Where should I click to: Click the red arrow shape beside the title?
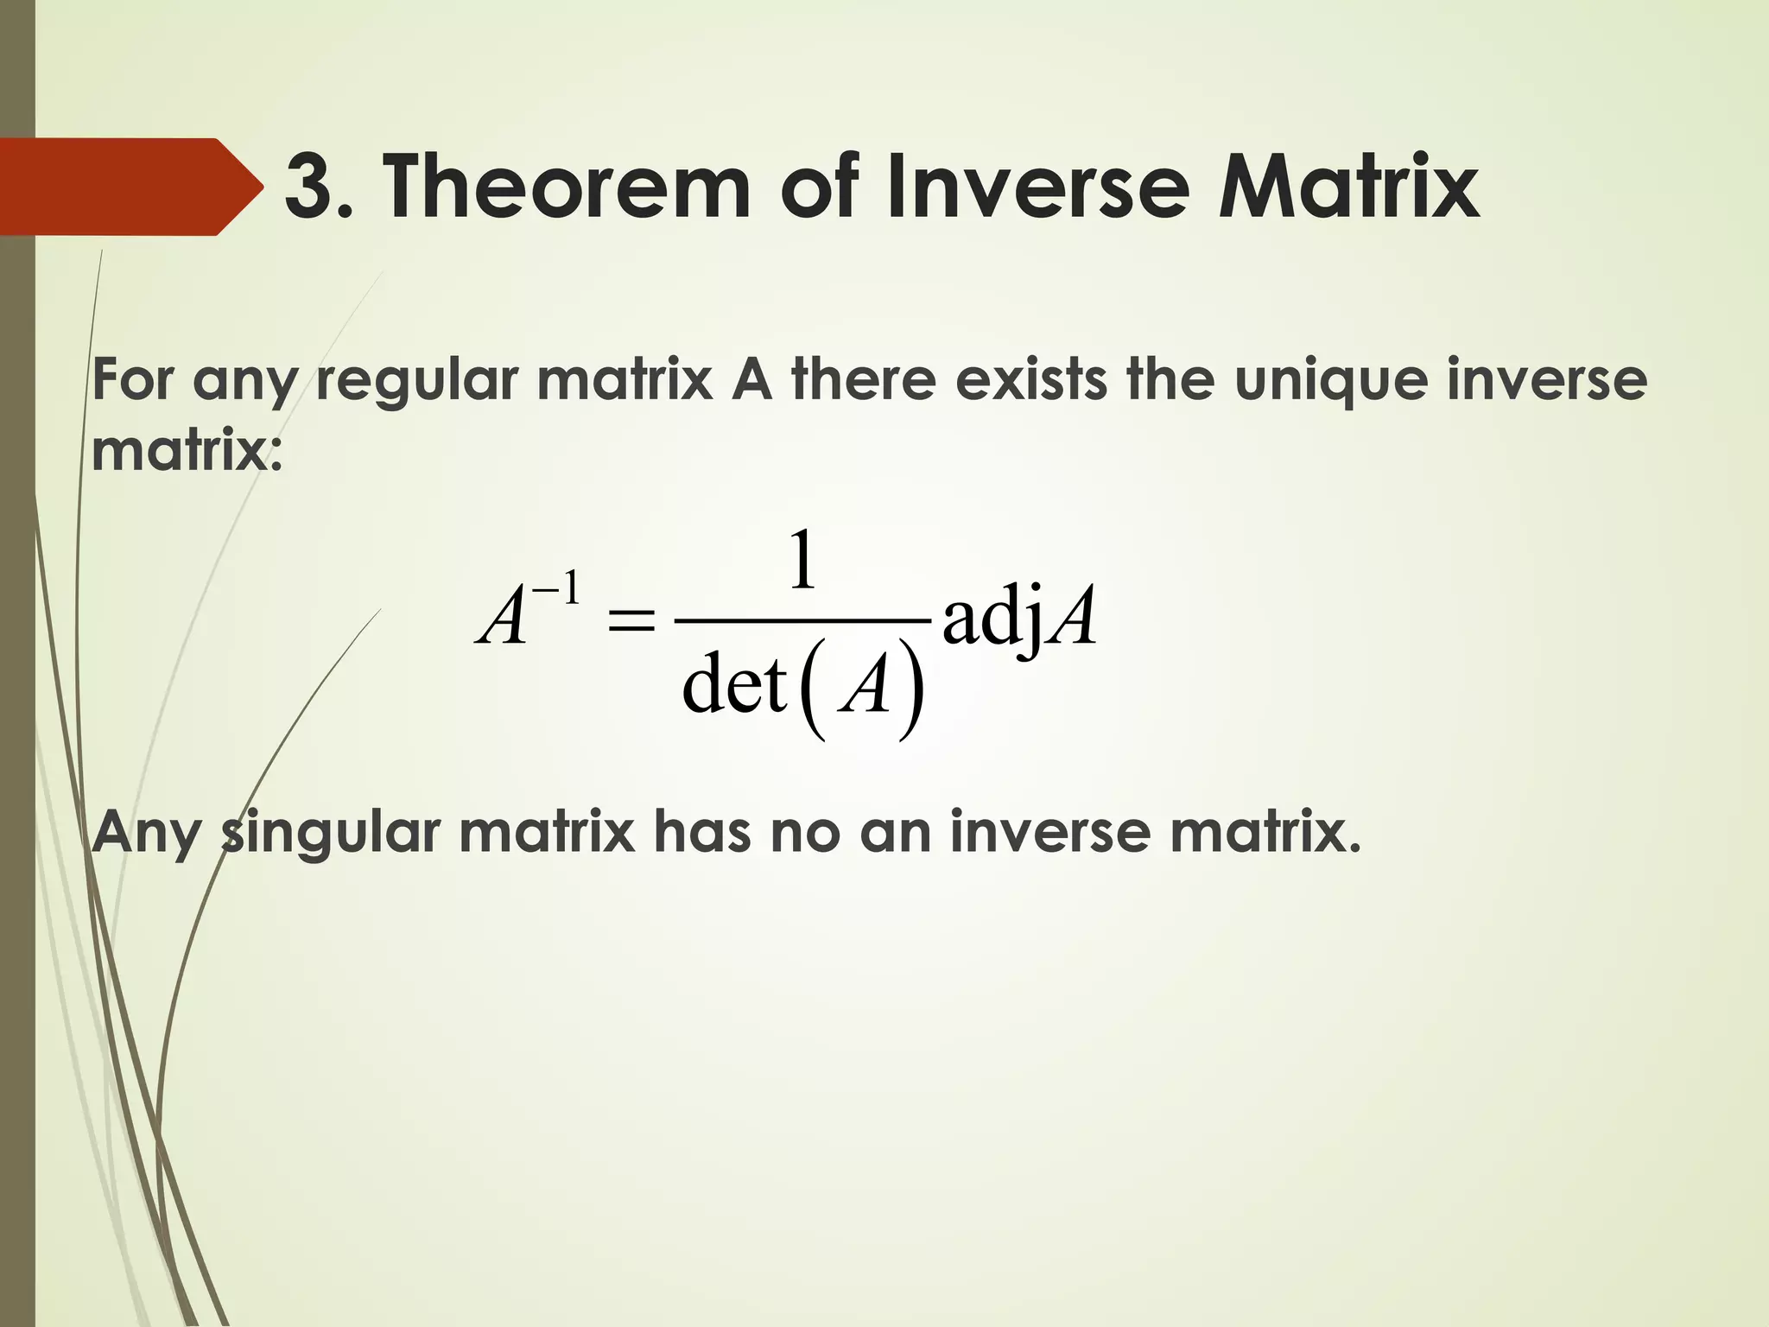[x=130, y=187]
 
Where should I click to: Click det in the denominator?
[x=734, y=684]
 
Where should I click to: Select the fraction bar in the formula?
[x=802, y=620]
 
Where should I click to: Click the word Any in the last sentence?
[x=147, y=834]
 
